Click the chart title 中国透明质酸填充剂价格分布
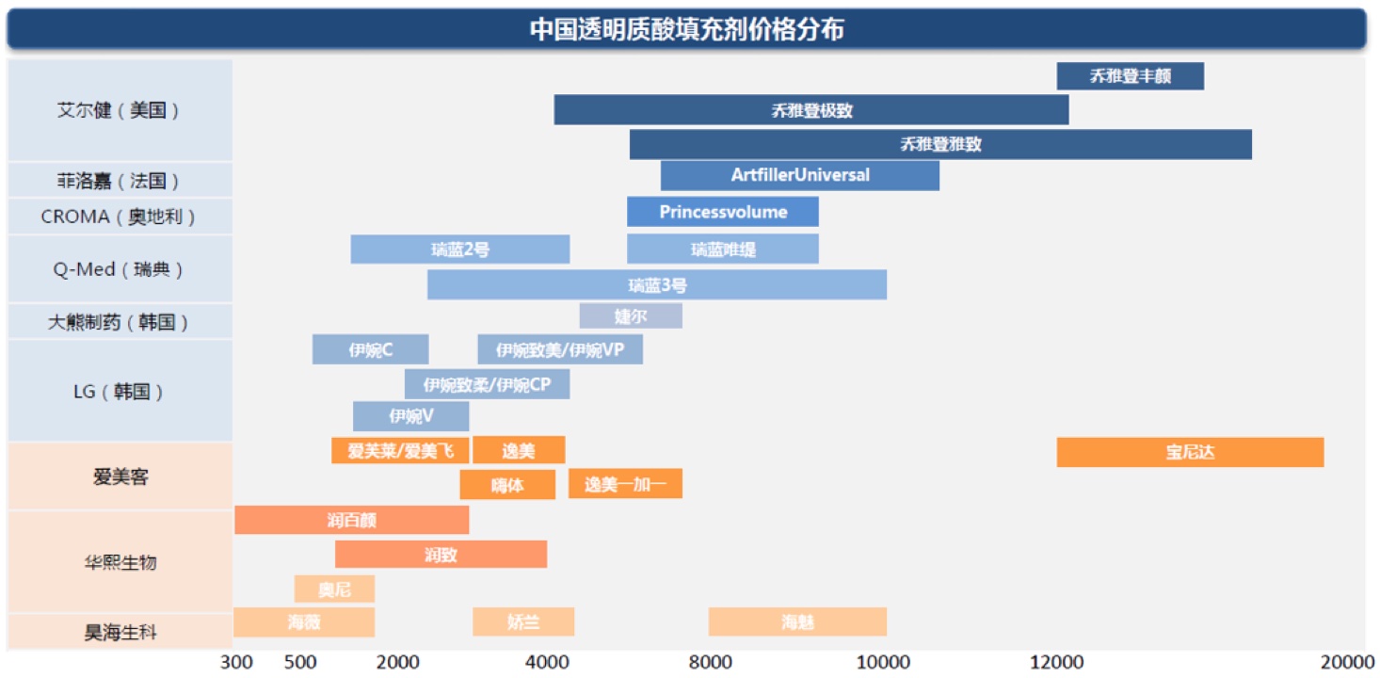[x=686, y=29]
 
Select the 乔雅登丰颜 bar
[x=1130, y=76]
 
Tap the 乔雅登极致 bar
[x=810, y=110]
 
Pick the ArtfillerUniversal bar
[x=799, y=175]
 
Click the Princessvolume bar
[x=722, y=212]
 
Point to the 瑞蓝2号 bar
[x=459, y=250]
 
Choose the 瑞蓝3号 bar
[x=656, y=285]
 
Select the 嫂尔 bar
[x=630, y=316]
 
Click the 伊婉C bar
[x=370, y=350]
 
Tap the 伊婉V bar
[x=410, y=415]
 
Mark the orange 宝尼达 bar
[x=1190, y=452]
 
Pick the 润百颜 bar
[x=351, y=520]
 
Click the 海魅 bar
[x=797, y=621]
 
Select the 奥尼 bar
[x=334, y=589]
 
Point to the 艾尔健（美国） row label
[x=119, y=110]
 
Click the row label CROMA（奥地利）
[x=119, y=217]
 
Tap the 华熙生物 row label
[x=119, y=562]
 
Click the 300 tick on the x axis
[x=236, y=662]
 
